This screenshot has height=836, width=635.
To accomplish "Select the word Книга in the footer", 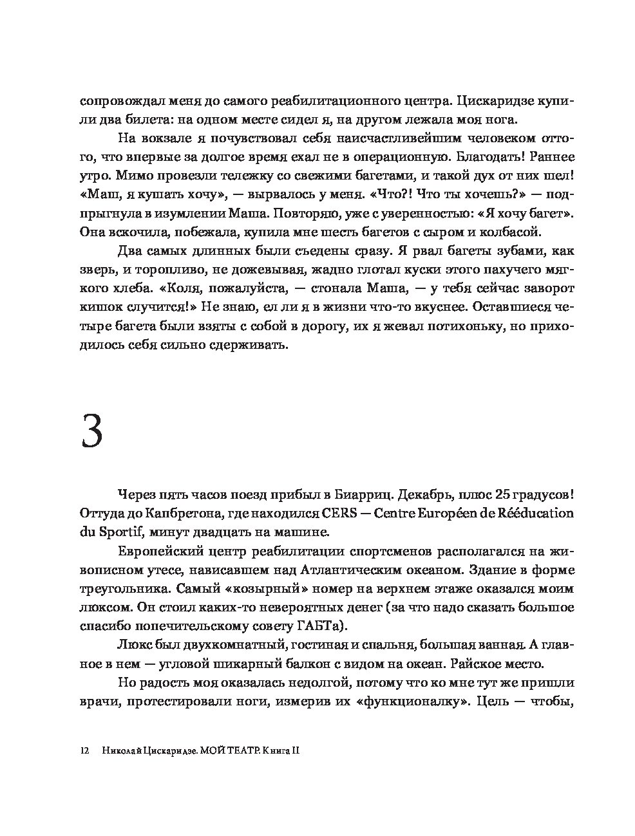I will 274,750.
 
